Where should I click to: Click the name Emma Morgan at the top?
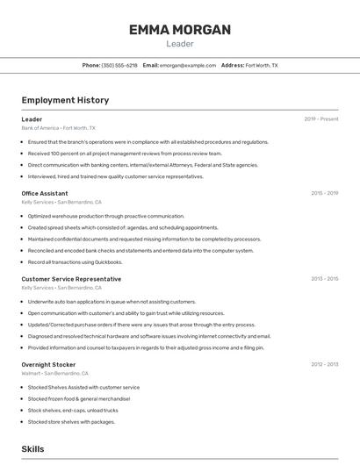(x=179, y=30)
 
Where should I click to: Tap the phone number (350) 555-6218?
(x=119, y=65)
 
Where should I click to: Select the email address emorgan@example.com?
(x=187, y=65)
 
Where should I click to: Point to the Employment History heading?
(x=65, y=100)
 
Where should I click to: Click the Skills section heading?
(x=33, y=448)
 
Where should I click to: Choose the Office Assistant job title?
(x=45, y=193)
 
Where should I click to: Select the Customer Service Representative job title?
(x=71, y=279)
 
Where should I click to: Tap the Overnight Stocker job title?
(x=48, y=364)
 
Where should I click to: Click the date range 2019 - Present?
(x=321, y=119)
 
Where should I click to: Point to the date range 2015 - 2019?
(x=324, y=193)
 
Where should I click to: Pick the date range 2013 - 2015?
(x=324, y=279)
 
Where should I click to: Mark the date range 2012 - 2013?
(x=324, y=364)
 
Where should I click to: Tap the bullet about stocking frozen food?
(x=78, y=398)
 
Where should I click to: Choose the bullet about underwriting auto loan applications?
(x=112, y=301)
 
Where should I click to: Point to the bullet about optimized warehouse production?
(x=105, y=216)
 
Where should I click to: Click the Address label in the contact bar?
(x=233, y=65)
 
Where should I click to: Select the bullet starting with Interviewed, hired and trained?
(x=115, y=176)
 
